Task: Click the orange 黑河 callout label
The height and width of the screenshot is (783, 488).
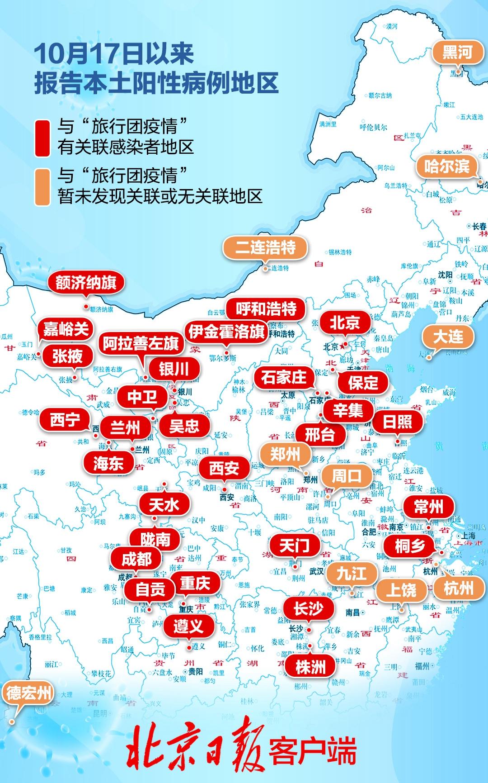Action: pos(457,53)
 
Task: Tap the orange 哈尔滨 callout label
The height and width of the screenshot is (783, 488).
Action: pos(446,166)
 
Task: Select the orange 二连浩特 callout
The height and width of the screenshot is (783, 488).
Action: pos(265,247)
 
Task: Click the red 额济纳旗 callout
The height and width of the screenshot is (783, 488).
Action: pos(86,283)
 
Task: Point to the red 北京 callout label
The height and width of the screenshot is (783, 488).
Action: pos(344,323)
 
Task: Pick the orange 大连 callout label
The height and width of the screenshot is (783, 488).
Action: pos(448,337)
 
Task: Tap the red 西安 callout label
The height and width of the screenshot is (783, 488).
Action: pos(224,468)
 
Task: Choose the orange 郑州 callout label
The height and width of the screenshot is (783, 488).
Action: pos(285,454)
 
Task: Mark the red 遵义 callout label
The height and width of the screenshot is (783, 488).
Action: pos(188,626)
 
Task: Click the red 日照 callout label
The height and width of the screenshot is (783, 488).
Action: pos(397,422)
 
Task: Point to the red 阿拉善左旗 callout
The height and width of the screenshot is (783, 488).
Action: pos(141,344)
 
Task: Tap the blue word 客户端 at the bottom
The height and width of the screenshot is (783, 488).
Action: pos(312,751)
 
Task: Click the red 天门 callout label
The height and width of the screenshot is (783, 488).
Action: pos(295,546)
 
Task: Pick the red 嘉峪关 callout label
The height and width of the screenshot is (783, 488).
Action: pos(66,329)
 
